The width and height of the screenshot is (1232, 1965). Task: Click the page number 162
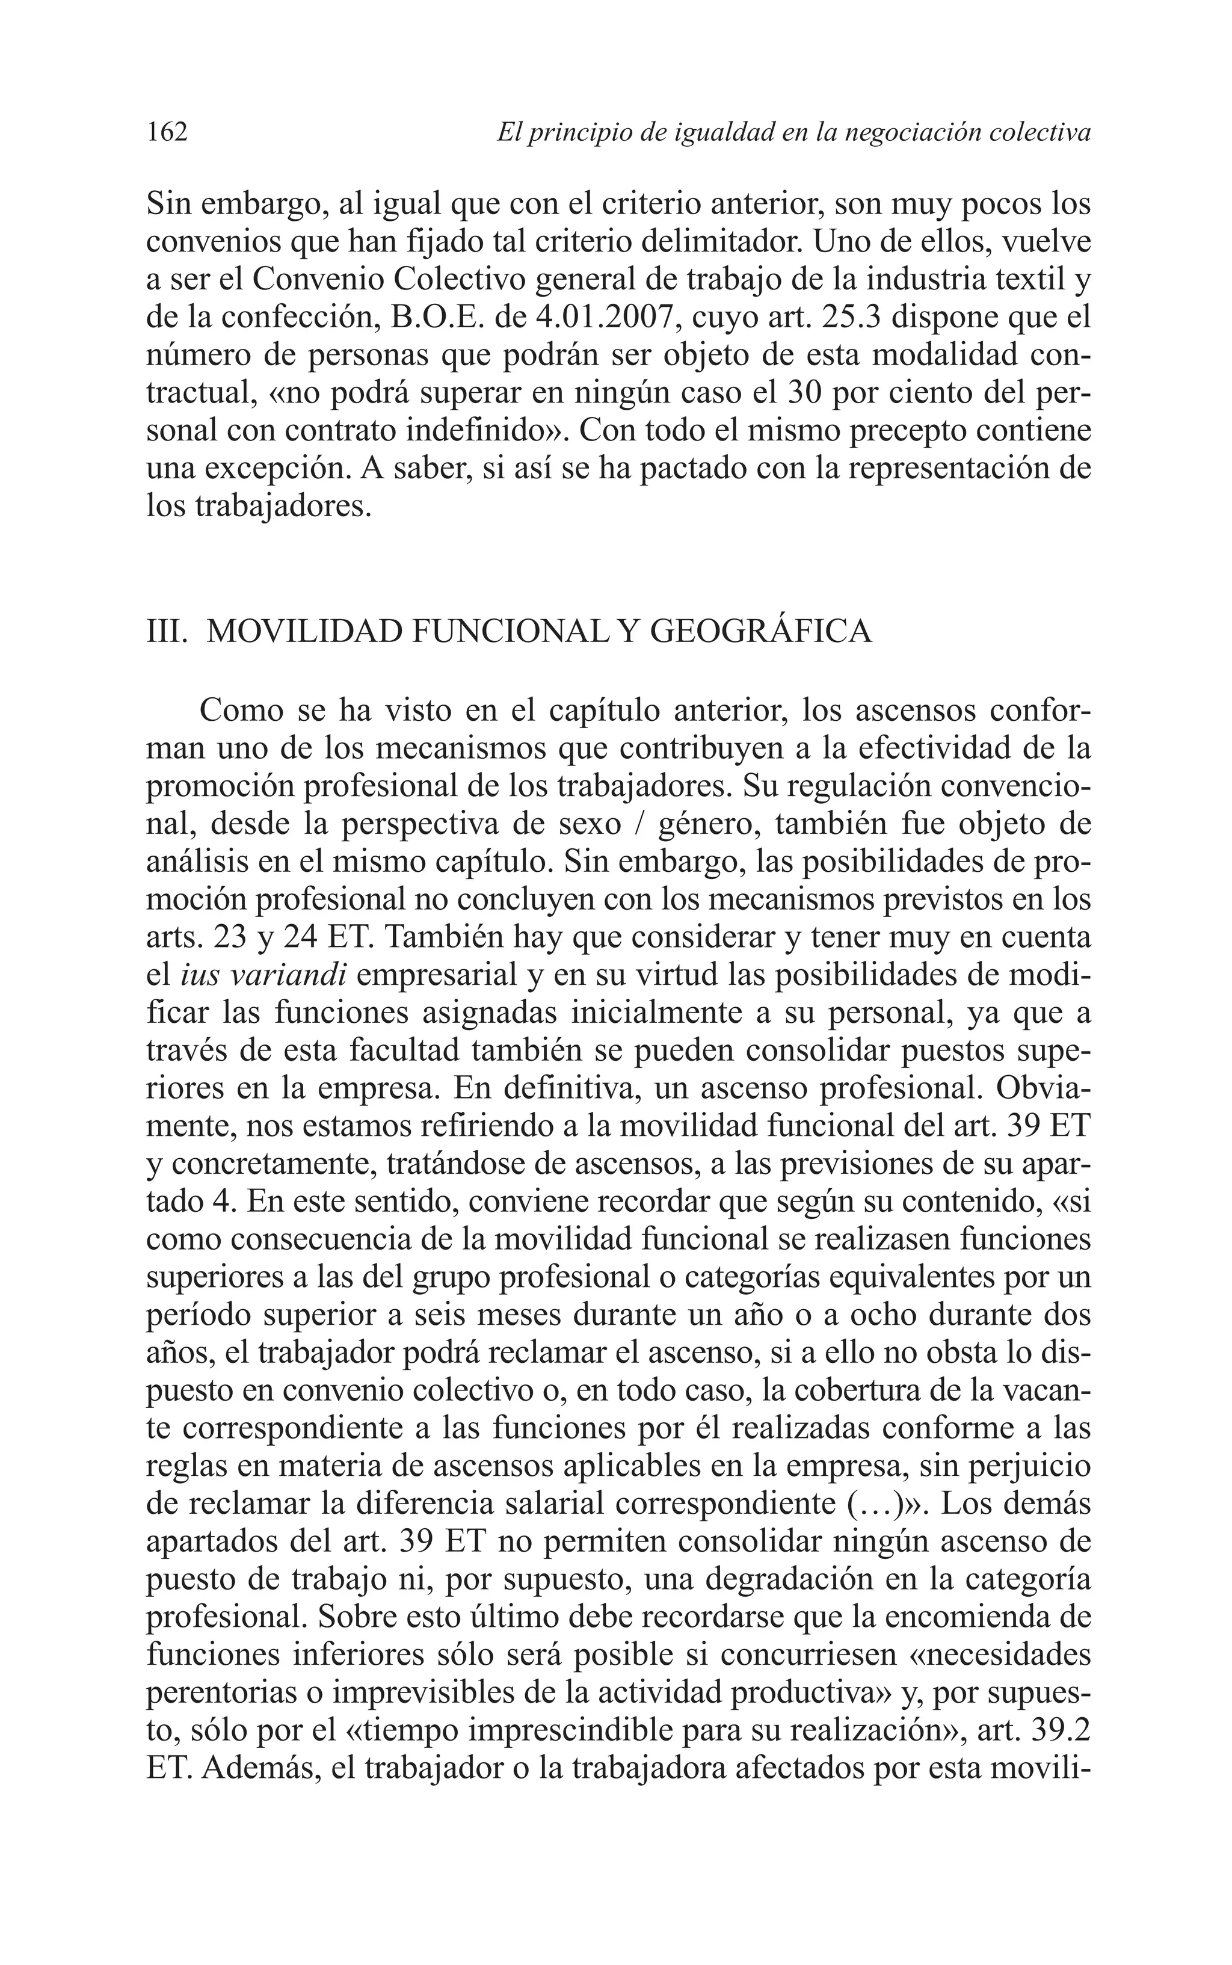coord(167,131)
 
